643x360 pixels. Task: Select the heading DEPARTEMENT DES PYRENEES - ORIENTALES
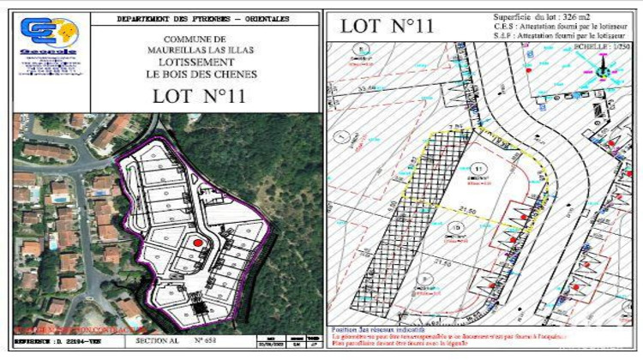[203, 18]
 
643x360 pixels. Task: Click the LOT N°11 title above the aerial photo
[199, 95]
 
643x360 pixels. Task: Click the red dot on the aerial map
[198, 243]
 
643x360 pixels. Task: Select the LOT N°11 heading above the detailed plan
[386, 25]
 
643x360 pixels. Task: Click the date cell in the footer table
[273, 342]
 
